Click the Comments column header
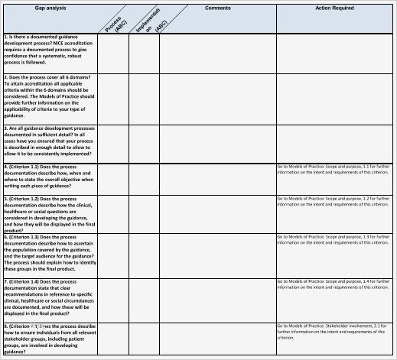217,8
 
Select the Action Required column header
334,8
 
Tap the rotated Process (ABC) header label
113,24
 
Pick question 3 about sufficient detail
49,142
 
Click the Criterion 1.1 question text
49,177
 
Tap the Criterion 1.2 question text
49,213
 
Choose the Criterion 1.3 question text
49,253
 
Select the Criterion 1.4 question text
49,297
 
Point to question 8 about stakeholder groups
49,339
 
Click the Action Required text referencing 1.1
334,169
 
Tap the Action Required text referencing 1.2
334,201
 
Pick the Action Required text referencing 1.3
334,240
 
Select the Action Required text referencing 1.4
334,284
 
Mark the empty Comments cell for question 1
217,52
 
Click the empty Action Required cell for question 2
334,97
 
